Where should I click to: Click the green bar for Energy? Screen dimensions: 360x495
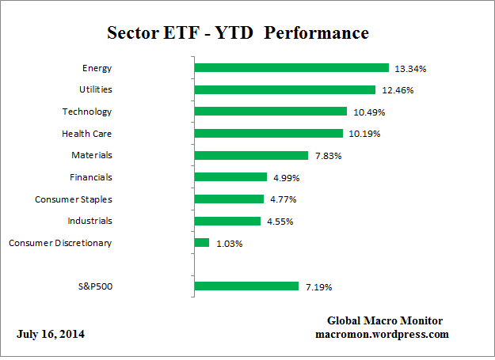click(x=291, y=68)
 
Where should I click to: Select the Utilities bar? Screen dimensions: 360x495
click(x=284, y=89)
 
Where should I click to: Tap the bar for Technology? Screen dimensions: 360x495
click(x=270, y=112)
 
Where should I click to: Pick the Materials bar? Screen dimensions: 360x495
click(x=250, y=155)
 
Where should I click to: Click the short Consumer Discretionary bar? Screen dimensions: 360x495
click(x=201, y=243)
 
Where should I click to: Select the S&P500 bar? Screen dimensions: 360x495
click(x=246, y=286)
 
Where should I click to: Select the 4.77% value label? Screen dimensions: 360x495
click(x=284, y=199)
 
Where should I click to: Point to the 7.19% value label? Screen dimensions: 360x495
click(x=319, y=286)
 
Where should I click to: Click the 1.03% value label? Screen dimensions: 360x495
click(x=230, y=244)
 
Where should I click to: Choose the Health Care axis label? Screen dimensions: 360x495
click(x=86, y=134)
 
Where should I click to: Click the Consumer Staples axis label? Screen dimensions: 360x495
click(x=73, y=199)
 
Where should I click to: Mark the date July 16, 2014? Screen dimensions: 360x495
click(x=51, y=334)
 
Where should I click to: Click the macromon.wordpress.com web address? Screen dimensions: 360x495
click(x=382, y=334)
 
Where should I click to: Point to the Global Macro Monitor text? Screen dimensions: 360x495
click(x=385, y=320)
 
